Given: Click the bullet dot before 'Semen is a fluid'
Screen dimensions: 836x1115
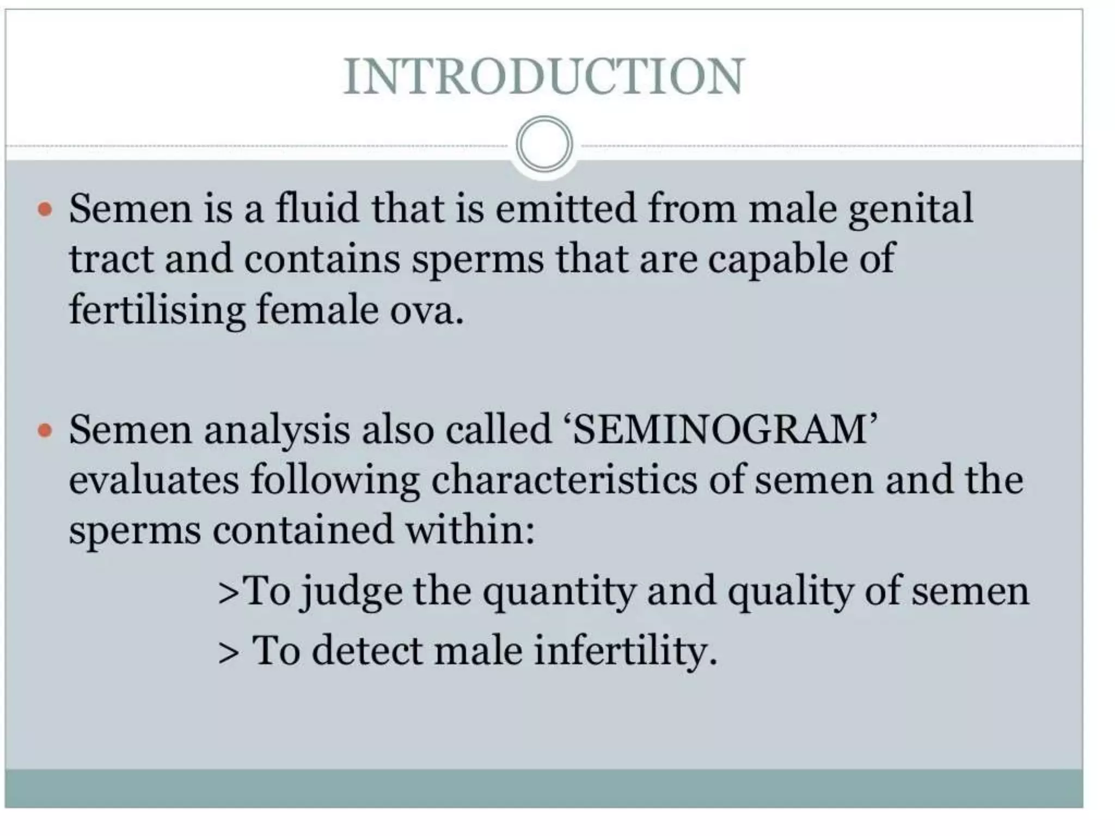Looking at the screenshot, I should (45, 209).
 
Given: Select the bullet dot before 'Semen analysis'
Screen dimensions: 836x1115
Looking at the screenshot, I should (45, 431).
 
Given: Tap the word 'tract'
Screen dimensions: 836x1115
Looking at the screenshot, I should (111, 259).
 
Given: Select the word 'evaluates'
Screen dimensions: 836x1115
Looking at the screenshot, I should (154, 480).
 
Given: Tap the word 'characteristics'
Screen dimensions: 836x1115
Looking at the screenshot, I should (564, 480).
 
